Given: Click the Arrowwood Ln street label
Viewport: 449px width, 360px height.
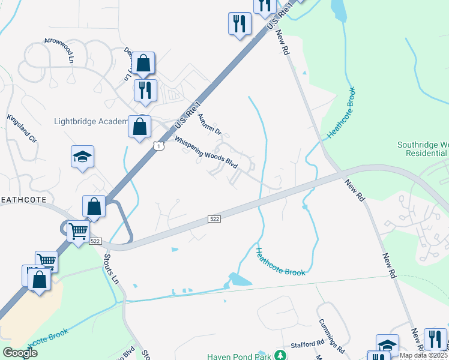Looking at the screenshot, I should pyautogui.click(x=58, y=51).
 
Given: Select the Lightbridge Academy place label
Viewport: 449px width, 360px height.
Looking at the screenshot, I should pyautogui.click(x=91, y=121).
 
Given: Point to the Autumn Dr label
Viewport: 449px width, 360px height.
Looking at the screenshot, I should pyautogui.click(x=209, y=124).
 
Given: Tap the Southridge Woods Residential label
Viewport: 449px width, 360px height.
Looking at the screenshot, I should pyautogui.click(x=423, y=149).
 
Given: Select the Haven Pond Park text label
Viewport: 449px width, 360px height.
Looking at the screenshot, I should pyautogui.click(x=236, y=356).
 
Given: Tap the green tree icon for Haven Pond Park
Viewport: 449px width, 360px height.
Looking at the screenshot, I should pyautogui.click(x=279, y=355).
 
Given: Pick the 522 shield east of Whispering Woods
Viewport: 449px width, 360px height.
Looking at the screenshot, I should pyautogui.click(x=215, y=220).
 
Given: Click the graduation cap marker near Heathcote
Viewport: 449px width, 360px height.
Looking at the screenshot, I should pyautogui.click(x=82, y=157).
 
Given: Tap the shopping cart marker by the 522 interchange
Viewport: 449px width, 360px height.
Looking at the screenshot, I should pyautogui.click(x=78, y=230).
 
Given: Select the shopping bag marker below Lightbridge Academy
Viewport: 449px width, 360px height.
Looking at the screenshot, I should pyautogui.click(x=139, y=127).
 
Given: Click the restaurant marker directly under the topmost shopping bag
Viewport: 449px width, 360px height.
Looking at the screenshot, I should pyautogui.click(x=145, y=91).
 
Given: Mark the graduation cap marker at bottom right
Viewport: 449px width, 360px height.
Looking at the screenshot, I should pyautogui.click(x=387, y=345).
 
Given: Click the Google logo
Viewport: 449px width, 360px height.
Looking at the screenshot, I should pyautogui.click(x=20, y=353).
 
